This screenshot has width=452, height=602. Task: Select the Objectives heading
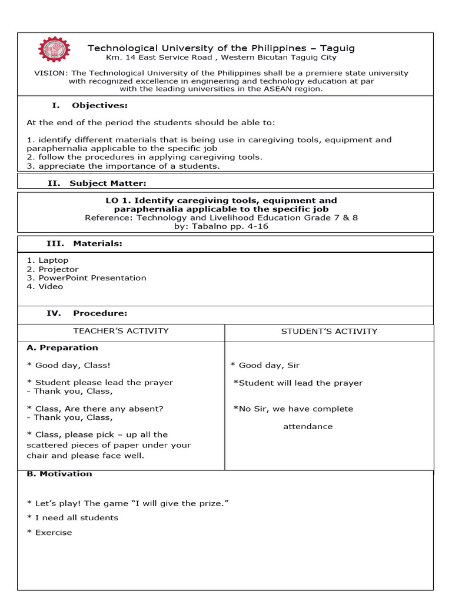click(x=99, y=106)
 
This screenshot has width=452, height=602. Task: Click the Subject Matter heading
click(x=108, y=183)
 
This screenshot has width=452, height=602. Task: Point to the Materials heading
click(x=98, y=243)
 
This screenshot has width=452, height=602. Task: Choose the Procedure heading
click(x=100, y=313)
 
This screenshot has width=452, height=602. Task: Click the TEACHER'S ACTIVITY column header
click(x=121, y=331)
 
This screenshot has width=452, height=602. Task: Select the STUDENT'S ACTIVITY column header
click(x=329, y=332)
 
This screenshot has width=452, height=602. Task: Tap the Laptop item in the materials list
click(x=53, y=260)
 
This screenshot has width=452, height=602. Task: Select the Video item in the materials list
click(x=51, y=287)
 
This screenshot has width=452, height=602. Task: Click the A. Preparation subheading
click(x=62, y=348)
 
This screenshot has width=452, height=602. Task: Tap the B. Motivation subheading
click(x=59, y=474)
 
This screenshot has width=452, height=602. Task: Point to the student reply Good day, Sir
click(x=265, y=366)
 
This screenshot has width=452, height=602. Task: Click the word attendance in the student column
click(x=308, y=427)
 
